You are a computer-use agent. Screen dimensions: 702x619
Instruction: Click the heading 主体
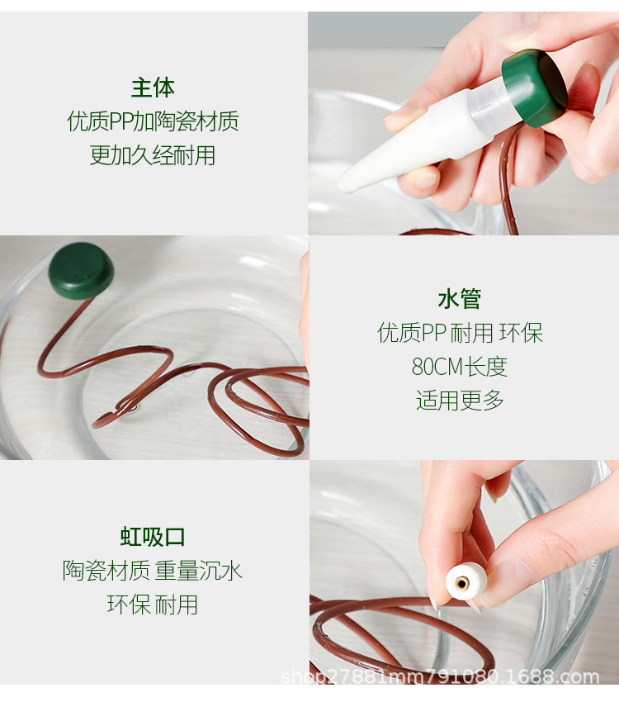pyautogui.click(x=153, y=88)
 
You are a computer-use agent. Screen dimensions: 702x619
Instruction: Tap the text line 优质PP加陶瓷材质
pyautogui.click(x=153, y=122)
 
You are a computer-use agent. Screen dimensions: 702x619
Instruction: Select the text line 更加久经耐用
pyautogui.click(x=153, y=155)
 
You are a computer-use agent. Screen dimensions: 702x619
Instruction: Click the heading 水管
pyautogui.click(x=460, y=299)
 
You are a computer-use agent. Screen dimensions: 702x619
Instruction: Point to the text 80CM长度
pyautogui.click(x=460, y=367)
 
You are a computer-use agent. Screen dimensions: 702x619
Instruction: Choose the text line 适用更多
pyautogui.click(x=460, y=401)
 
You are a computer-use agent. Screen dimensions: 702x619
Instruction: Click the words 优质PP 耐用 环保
pyautogui.click(x=460, y=333)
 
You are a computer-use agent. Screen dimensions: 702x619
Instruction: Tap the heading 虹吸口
pyautogui.click(x=153, y=537)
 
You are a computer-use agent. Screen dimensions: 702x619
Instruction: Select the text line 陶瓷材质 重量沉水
pyautogui.click(x=153, y=571)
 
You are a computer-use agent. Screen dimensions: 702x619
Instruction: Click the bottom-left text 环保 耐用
pyautogui.click(x=153, y=605)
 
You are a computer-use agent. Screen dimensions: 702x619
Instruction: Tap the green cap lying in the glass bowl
pyautogui.click(x=80, y=270)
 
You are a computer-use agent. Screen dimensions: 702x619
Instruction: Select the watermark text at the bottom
pyautogui.click(x=440, y=678)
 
